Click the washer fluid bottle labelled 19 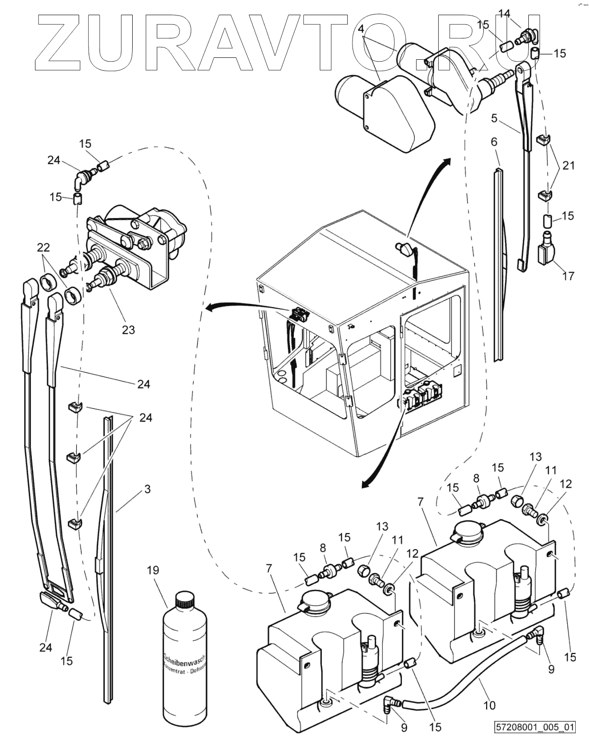[185, 664]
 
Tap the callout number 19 [153, 570]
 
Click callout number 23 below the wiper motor [128, 329]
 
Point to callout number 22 [43, 248]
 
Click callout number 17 [568, 276]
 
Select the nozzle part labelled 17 [546, 250]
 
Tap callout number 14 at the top [504, 14]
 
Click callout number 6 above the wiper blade [494, 142]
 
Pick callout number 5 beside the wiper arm [494, 118]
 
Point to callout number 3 [147, 488]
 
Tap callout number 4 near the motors [361, 29]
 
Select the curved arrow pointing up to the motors [422, 194]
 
